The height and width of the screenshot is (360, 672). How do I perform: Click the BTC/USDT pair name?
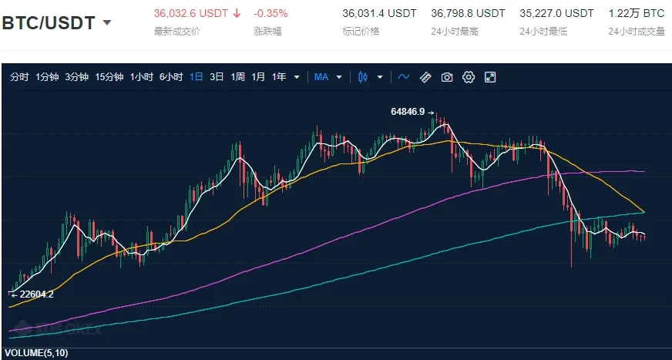coord(49,22)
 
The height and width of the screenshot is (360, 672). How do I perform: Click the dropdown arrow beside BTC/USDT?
coord(107,22)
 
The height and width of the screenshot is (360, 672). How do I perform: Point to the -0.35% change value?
coord(270,13)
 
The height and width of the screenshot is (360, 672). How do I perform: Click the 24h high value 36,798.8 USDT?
coord(469,13)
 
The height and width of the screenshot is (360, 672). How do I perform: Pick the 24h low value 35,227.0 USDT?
coord(556,13)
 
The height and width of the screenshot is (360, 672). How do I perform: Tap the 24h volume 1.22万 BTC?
coord(636,13)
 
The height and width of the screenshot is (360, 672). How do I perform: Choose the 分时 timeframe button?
coord(19,77)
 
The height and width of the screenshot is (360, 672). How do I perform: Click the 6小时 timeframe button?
coord(170,77)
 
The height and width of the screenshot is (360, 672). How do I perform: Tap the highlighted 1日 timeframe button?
coord(197,77)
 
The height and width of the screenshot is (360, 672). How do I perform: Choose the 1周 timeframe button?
coord(237,77)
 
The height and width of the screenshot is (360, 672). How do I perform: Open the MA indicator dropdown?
coord(324,77)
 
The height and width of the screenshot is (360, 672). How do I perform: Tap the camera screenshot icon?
coord(446,77)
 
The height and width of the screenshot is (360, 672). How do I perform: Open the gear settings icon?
coord(468,77)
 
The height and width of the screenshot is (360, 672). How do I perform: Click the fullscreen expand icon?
coord(489,77)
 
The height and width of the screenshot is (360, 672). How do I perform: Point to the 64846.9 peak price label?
coord(408,112)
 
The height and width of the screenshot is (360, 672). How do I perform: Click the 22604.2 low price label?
coord(35,293)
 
